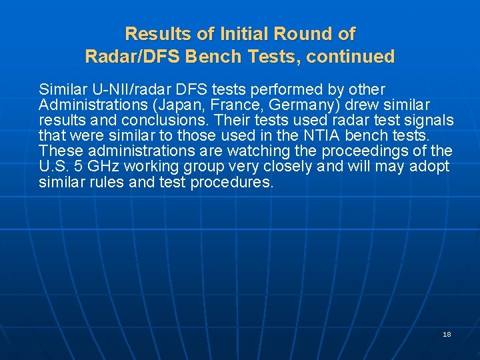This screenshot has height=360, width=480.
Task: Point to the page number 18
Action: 447,334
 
